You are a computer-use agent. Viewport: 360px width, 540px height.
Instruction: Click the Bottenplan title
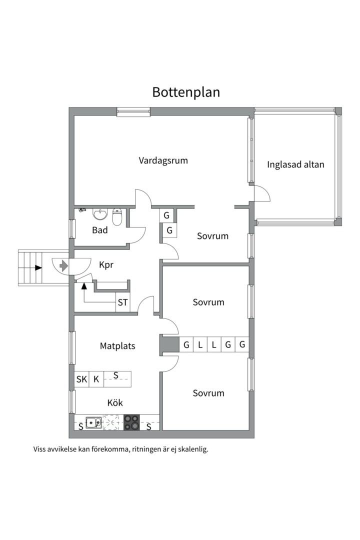(x=186, y=92)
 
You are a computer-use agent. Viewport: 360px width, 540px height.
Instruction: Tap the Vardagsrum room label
(x=163, y=160)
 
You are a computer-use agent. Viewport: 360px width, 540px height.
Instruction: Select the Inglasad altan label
(x=295, y=164)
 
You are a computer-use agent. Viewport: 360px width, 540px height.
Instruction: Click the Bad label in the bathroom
(x=100, y=230)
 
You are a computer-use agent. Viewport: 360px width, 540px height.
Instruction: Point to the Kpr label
(x=106, y=265)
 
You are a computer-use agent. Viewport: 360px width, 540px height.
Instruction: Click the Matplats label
(x=117, y=345)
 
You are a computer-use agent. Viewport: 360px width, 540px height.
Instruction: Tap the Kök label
(x=115, y=402)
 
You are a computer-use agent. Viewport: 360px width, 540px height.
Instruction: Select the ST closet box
(x=122, y=302)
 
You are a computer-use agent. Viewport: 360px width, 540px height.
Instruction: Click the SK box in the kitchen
(x=81, y=379)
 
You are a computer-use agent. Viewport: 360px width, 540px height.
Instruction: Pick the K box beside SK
(x=96, y=379)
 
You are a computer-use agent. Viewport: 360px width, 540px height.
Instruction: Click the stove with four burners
(x=131, y=422)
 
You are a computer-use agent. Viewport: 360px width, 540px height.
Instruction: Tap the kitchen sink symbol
(x=93, y=422)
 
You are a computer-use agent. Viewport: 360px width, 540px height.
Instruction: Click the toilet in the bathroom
(x=117, y=217)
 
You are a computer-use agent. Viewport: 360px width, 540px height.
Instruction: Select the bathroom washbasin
(x=100, y=214)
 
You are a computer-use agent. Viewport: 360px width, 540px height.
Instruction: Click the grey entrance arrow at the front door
(x=63, y=265)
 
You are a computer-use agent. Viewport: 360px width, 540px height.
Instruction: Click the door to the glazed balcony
(x=261, y=193)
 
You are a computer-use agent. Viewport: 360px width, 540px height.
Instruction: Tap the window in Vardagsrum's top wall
(x=133, y=112)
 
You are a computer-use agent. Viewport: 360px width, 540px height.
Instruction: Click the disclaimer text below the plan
(x=120, y=449)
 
